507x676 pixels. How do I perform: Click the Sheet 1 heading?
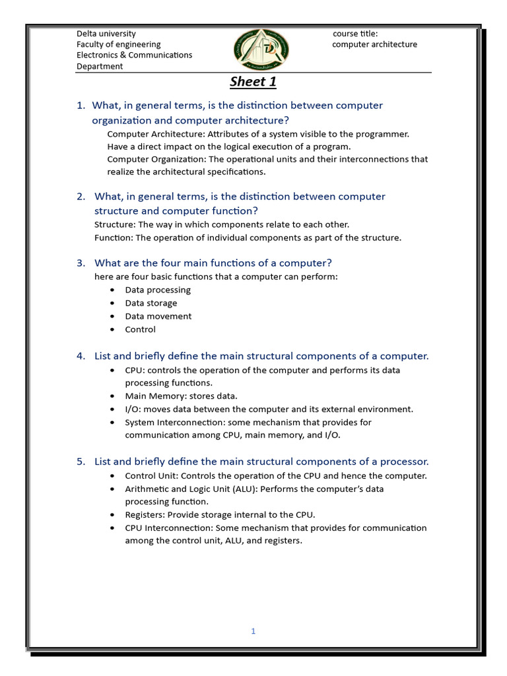[253, 82]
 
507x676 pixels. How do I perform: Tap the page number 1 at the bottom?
[253, 631]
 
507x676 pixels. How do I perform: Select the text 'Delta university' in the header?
[106, 34]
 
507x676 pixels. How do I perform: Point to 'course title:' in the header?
[355, 34]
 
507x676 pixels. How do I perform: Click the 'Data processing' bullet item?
[158, 290]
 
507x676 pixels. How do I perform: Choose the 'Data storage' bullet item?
[151, 303]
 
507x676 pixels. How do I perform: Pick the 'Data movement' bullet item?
[158, 316]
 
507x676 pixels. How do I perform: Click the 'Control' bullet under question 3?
[141, 329]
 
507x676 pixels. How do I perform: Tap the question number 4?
[81, 356]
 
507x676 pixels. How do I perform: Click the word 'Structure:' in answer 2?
[115, 224]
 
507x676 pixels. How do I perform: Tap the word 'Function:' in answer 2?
[114, 238]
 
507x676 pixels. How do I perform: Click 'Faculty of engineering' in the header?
[119, 44]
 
